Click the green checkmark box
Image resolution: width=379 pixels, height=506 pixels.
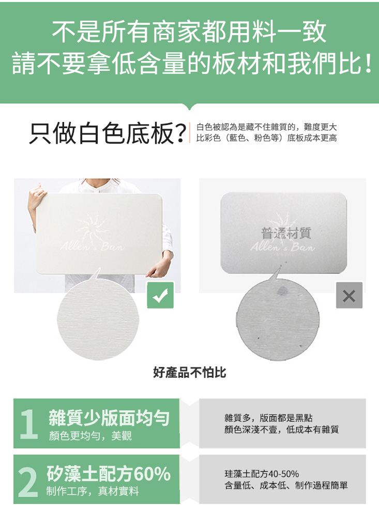(160, 295)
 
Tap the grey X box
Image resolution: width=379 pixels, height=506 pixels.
(349, 295)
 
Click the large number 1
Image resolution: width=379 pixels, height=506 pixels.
(29, 423)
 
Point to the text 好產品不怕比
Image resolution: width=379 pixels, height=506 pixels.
(189, 373)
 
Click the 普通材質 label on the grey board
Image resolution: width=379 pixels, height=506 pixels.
(286, 233)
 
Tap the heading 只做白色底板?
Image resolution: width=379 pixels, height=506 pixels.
(108, 133)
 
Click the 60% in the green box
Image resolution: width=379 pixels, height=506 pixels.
(152, 473)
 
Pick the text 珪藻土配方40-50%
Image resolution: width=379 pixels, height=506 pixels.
(262, 474)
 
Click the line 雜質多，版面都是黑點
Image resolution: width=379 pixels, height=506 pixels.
(268, 418)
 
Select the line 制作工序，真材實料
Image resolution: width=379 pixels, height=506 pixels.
(93, 491)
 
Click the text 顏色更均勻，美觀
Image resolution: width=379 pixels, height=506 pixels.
(90, 436)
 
